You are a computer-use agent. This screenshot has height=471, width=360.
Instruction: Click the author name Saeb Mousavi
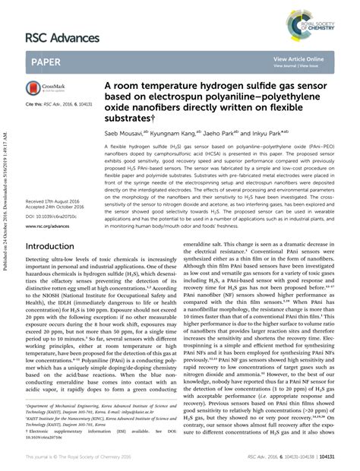(126, 131)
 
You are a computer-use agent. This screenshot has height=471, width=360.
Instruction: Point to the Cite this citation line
(58, 102)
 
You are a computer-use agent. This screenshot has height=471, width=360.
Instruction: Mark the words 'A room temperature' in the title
(144, 87)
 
